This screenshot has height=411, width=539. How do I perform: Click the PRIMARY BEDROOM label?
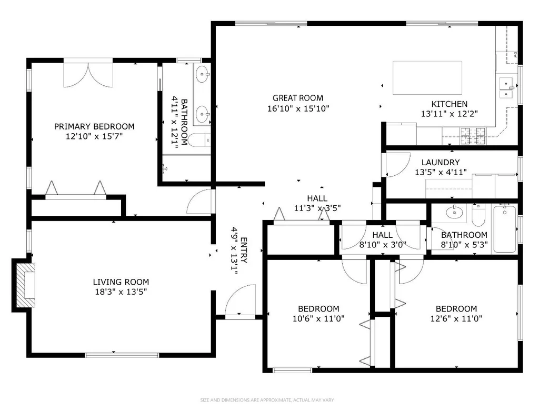click(94, 126)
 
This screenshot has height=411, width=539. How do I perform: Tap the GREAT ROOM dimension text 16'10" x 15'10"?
click(298, 108)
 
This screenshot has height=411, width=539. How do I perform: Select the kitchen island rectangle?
click(427, 78)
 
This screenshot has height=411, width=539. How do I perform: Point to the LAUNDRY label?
click(441, 162)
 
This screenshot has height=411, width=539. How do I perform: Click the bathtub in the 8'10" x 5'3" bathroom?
click(505, 229)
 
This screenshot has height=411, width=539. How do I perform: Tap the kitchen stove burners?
click(473, 136)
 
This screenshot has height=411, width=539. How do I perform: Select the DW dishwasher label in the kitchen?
click(515, 54)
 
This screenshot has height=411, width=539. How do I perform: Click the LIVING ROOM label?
click(121, 282)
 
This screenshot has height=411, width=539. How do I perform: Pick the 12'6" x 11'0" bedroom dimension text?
click(456, 318)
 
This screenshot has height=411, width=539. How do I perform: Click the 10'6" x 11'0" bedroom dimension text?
click(318, 318)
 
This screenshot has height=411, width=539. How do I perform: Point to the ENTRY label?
click(244, 250)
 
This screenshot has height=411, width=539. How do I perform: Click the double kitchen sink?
click(506, 88)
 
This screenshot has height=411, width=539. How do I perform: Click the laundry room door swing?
click(398, 165)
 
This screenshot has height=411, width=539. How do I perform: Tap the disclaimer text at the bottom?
click(267, 400)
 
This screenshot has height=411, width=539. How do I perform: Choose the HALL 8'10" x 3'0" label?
click(383, 240)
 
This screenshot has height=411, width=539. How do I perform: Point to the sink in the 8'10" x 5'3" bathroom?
click(454, 213)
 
